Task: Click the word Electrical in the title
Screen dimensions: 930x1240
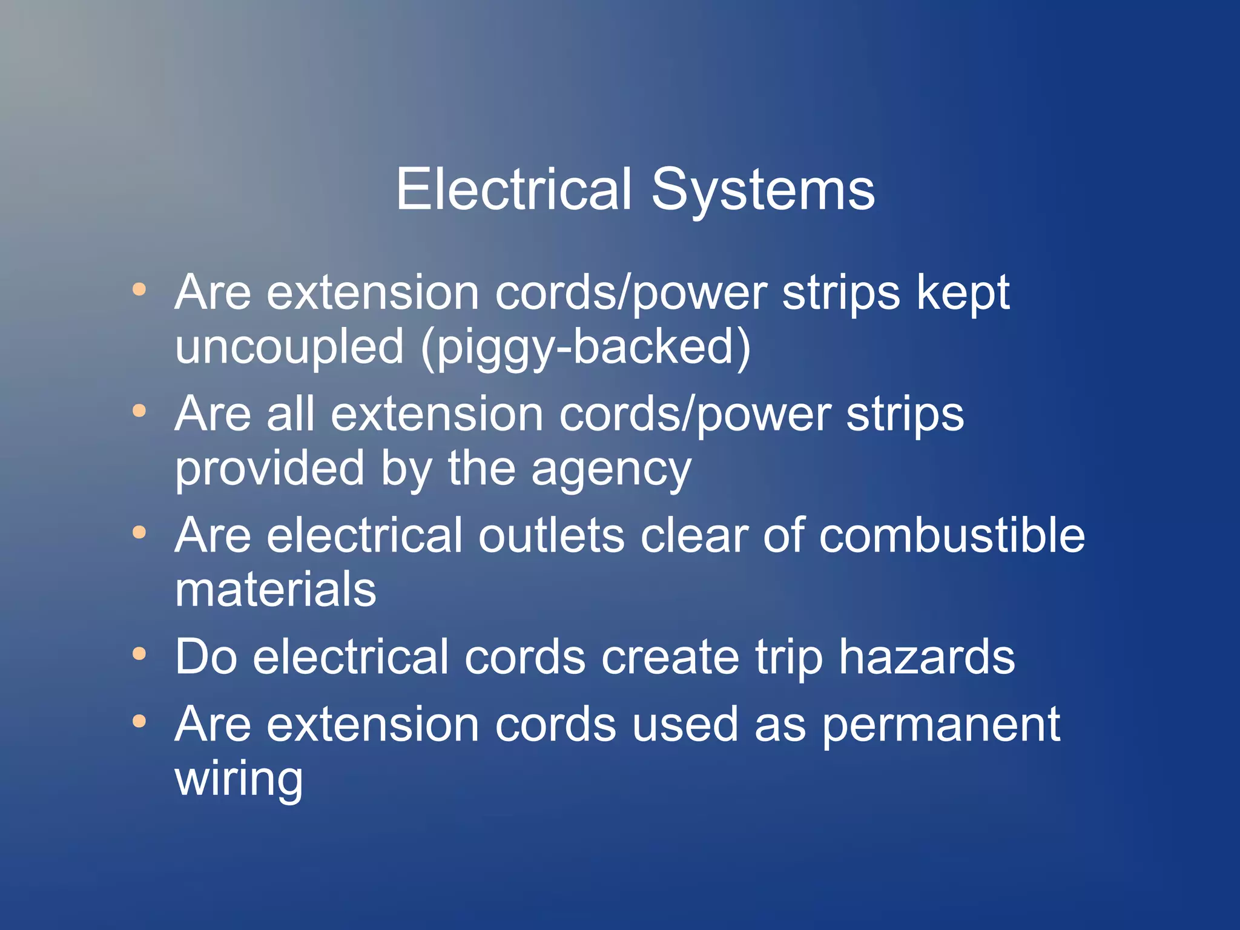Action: click(514, 190)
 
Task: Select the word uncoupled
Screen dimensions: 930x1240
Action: click(289, 348)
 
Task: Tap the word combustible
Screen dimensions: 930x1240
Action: click(952, 535)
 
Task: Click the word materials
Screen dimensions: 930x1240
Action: click(275, 589)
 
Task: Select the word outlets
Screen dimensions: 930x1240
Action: click(552, 535)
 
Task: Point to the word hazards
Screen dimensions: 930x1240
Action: click(927, 657)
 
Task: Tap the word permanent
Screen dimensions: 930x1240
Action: click(941, 725)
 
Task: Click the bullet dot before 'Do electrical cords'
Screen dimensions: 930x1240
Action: click(139, 654)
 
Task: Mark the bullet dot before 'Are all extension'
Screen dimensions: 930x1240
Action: click(139, 411)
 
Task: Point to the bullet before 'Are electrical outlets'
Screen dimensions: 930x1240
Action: click(139, 532)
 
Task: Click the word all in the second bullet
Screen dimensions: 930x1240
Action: click(291, 414)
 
